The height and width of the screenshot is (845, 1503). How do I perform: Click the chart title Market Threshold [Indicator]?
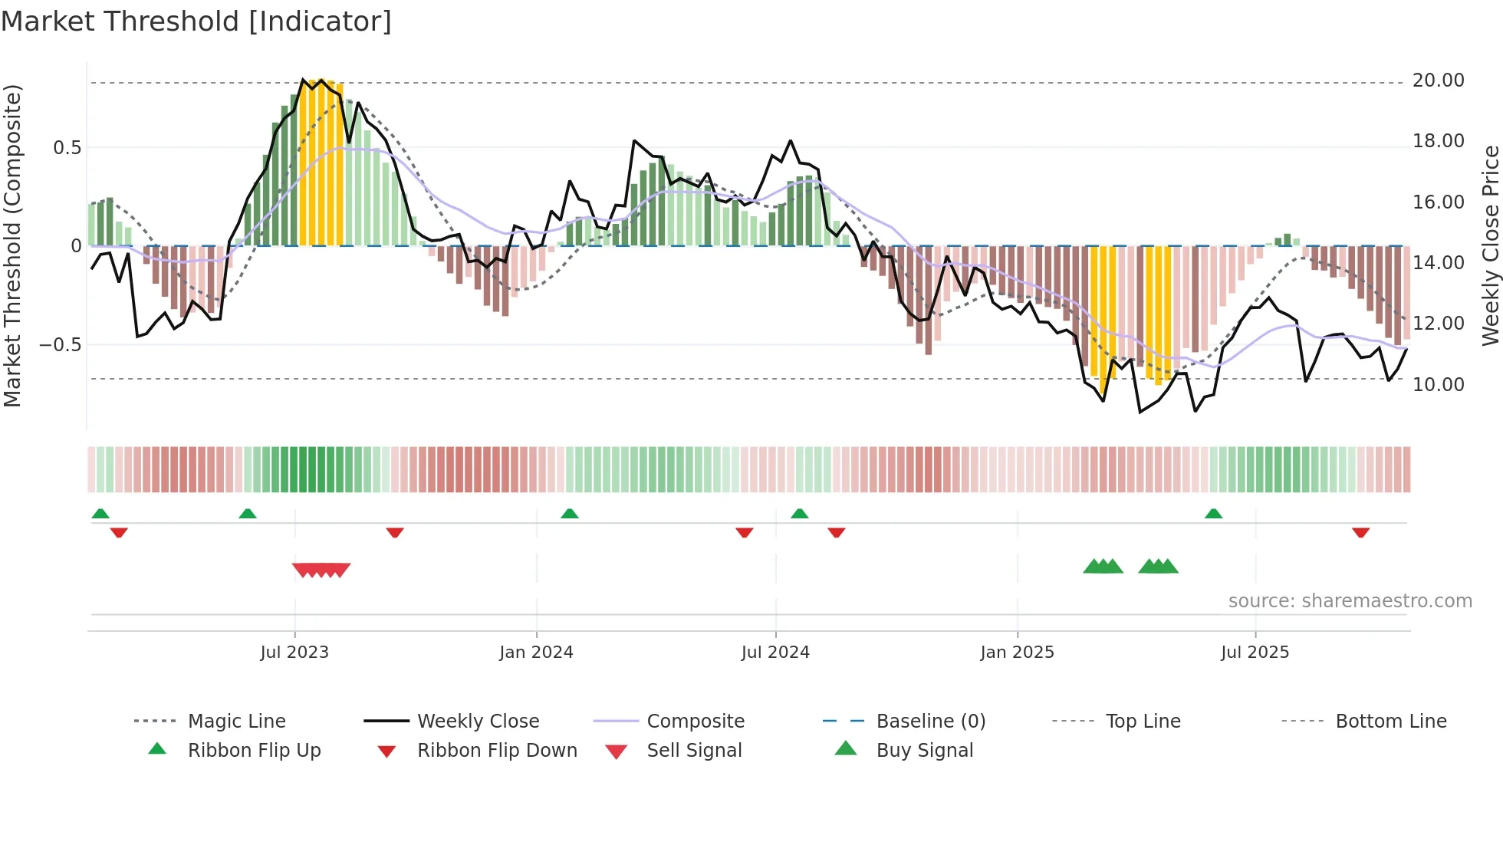196,21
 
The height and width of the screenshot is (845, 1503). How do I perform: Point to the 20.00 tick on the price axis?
1438,81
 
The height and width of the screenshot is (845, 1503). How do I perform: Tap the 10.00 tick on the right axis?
1438,385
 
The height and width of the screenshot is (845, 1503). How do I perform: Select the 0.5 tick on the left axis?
67,148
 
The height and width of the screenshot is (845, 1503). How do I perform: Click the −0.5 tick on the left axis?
61,345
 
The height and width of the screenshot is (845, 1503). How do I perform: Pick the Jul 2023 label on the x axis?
294,653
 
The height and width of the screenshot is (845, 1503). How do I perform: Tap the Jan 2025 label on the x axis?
1017,653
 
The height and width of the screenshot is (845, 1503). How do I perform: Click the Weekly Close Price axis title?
1490,245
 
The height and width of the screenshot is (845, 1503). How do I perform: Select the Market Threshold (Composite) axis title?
12,245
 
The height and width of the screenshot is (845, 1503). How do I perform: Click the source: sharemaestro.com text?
1350,601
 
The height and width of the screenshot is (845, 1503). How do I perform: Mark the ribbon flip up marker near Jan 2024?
569,514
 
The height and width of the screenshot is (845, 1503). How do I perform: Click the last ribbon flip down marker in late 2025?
1360,532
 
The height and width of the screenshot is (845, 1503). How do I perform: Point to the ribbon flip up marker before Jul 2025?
1213,514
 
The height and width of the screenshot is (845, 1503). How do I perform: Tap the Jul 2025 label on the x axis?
1255,653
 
